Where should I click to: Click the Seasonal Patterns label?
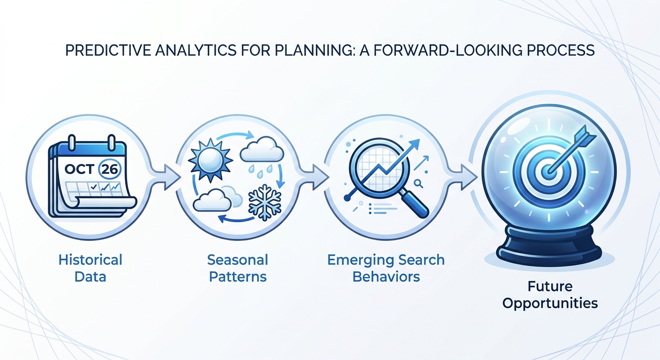tap(238, 268)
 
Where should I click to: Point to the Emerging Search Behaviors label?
tap(386, 268)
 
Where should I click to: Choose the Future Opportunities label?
tap(550, 294)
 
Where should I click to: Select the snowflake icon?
tap(264, 202)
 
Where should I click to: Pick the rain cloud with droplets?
tap(262, 153)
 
